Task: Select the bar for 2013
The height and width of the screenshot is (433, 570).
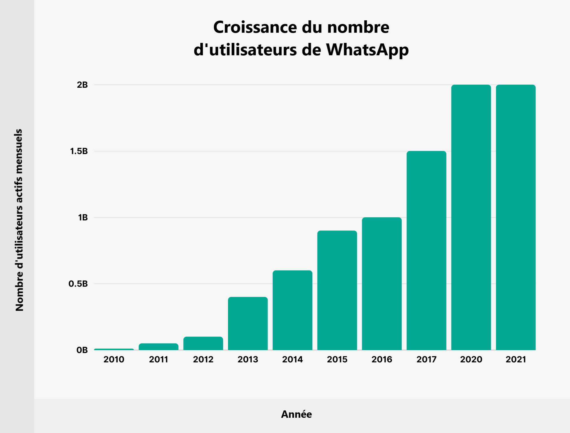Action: pos(248,324)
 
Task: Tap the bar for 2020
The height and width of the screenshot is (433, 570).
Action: pos(471,217)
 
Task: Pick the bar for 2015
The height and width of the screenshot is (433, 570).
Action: pos(337,290)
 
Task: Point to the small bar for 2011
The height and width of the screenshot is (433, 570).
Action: pos(158,347)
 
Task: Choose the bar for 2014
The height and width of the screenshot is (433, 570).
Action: pos(292,310)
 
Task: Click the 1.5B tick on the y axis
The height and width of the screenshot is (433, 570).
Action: pos(79,151)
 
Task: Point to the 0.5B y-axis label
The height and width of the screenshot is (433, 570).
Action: pos(78,284)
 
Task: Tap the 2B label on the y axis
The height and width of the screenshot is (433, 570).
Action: pos(82,85)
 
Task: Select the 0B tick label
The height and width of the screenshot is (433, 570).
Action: pos(82,350)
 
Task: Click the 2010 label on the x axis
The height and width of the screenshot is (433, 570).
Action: pos(114,359)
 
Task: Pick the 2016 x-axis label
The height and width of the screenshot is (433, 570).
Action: pos(382,359)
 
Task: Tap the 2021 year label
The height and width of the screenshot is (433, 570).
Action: pos(516,359)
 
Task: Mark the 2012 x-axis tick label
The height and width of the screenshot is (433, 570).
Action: pos(203,359)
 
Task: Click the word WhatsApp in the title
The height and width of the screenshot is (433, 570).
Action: pos(367,50)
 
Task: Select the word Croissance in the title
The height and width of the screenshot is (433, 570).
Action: pos(255,27)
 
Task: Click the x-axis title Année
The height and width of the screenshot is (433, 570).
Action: pos(296,414)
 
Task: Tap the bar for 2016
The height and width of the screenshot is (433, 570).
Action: pos(382,284)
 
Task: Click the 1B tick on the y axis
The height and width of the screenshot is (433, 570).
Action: pos(83,217)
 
